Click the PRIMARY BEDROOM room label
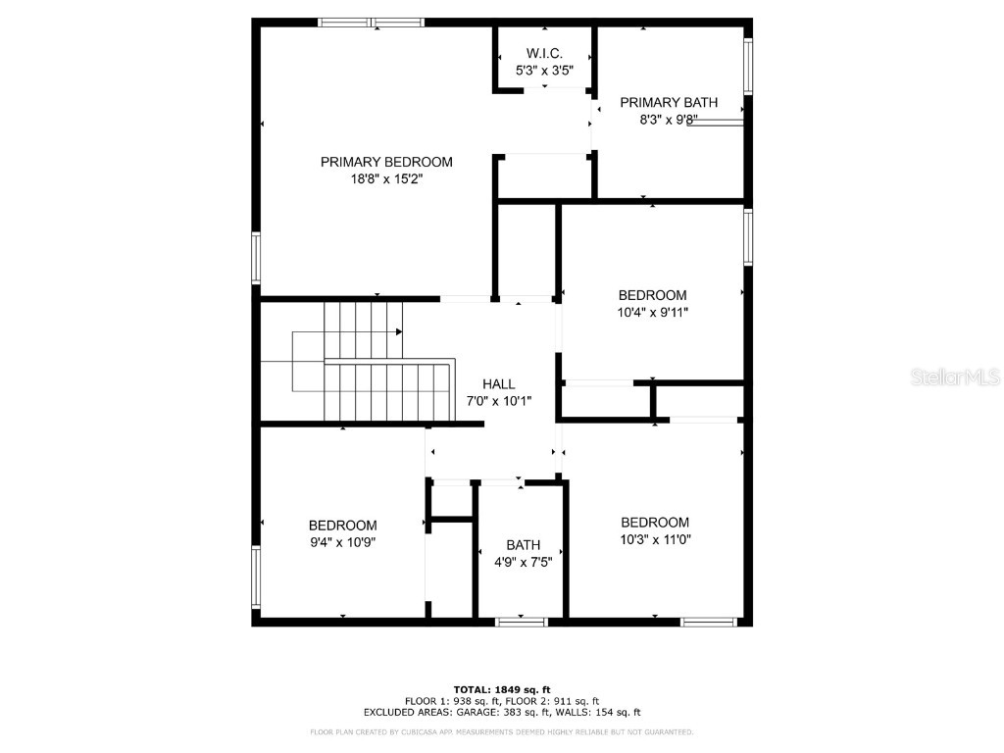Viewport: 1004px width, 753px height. tap(386, 162)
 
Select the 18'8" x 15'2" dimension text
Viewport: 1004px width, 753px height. tap(386, 179)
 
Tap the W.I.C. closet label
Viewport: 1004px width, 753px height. tap(544, 53)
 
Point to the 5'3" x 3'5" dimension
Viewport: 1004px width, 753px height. tap(544, 71)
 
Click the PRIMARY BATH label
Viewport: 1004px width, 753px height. tap(669, 103)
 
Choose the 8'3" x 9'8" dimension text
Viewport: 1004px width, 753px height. tap(669, 121)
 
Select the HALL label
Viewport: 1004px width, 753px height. tap(498, 385)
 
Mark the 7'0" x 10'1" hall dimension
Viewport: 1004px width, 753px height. tap(498, 403)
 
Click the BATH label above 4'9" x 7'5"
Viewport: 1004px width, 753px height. tap(523, 545)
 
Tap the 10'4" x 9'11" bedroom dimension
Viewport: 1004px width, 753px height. tap(652, 313)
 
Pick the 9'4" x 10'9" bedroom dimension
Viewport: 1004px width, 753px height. tap(342, 542)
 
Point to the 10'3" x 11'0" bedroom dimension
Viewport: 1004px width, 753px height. tap(654, 539)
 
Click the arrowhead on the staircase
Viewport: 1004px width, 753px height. tap(399, 332)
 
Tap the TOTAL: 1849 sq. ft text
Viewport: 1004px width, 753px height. tap(501, 689)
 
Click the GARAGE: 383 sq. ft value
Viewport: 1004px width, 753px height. tap(531, 713)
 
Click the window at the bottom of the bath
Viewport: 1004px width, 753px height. tap(521, 622)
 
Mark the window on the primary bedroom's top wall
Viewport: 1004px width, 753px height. tap(370, 22)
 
